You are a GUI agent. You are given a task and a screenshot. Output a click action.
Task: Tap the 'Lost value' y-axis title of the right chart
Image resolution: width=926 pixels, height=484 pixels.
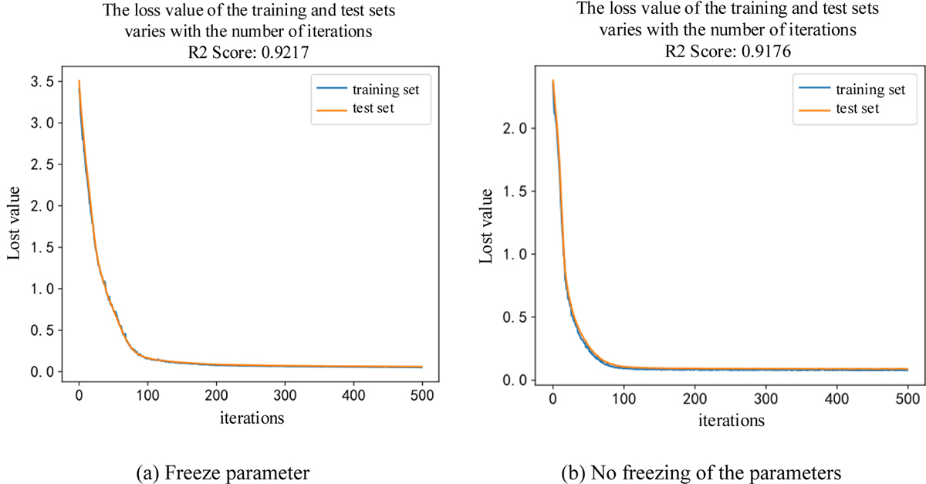click(487, 225)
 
